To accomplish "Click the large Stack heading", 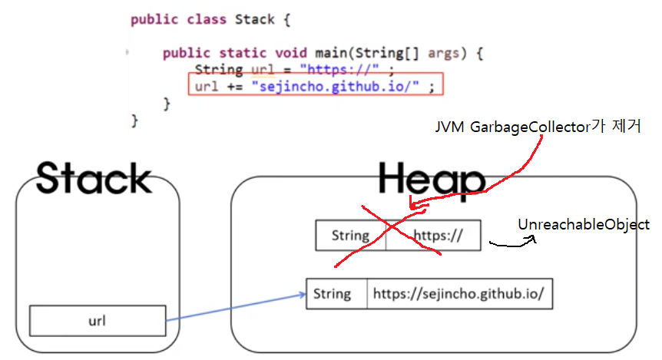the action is (94, 178).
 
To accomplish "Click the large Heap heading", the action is (432, 180).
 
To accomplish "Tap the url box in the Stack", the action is (98, 321).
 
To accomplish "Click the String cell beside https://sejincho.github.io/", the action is (333, 294).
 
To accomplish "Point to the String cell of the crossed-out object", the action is (350, 236).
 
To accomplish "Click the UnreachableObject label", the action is (584, 225).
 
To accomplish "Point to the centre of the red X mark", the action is (392, 233).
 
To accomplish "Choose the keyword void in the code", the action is (293, 54).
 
